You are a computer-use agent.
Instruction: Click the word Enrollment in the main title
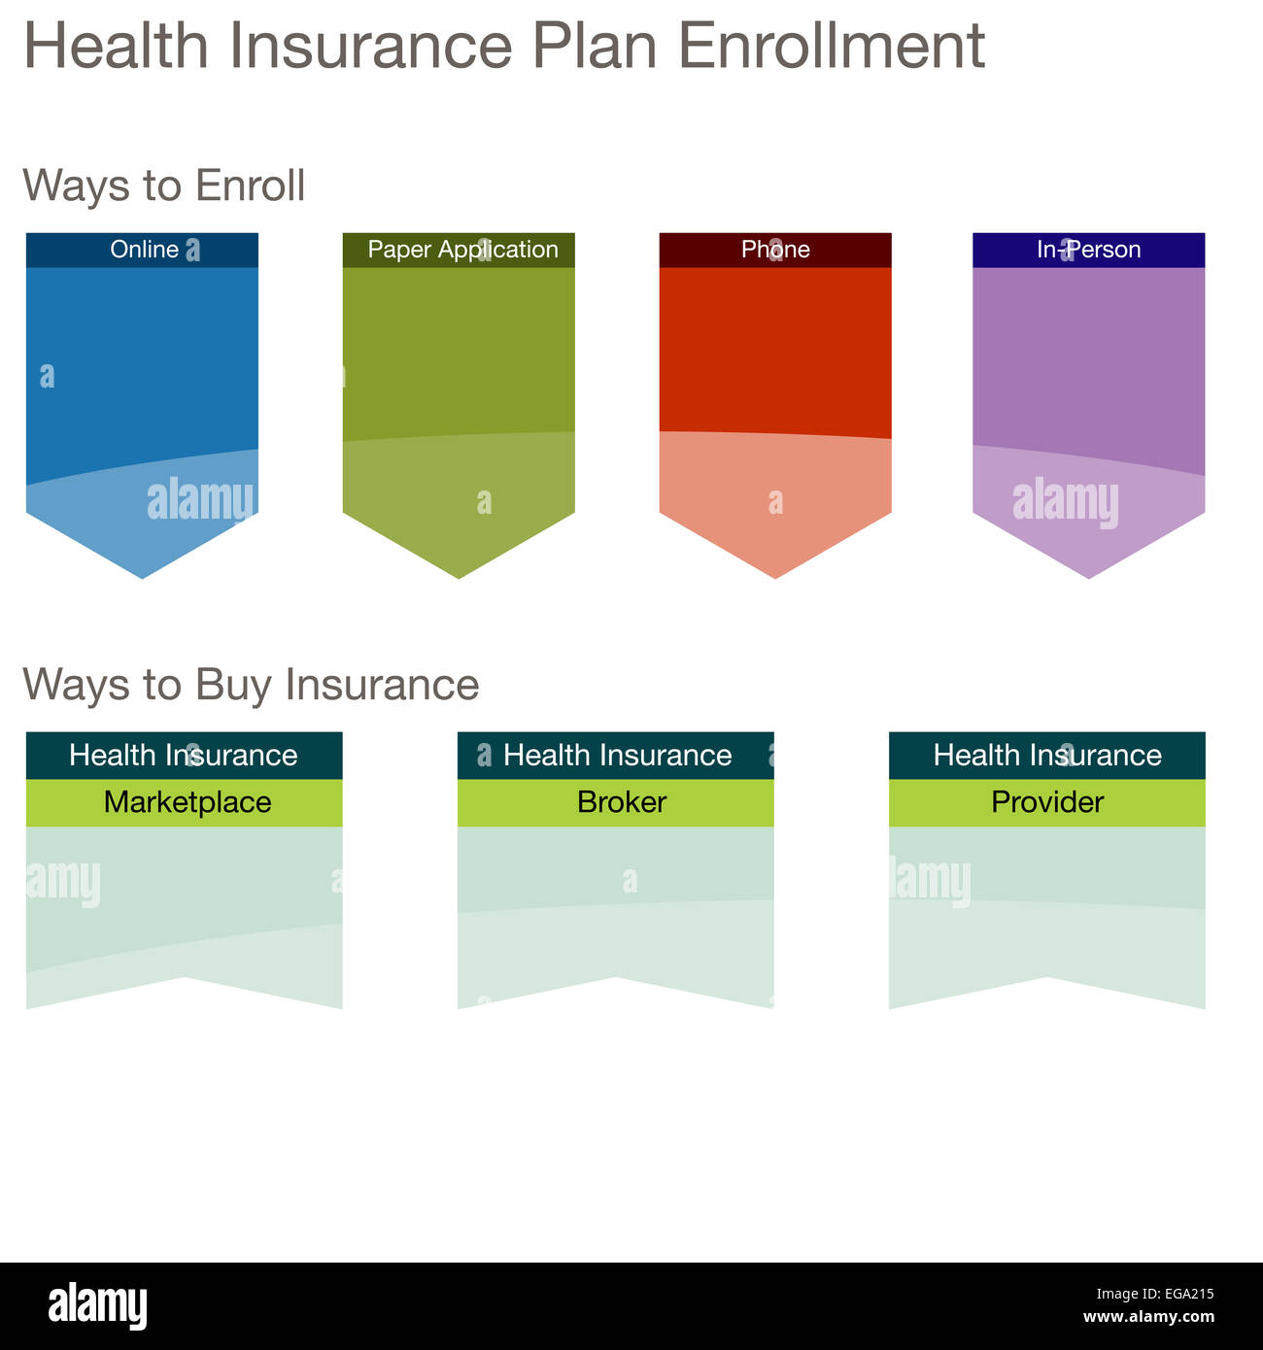831,46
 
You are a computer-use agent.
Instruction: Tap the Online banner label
144,250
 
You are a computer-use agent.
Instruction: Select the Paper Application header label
462,250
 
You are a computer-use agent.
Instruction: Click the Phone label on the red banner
775,250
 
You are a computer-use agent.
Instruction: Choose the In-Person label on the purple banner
1088,250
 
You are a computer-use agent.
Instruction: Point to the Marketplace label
187,802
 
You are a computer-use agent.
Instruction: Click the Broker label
621,802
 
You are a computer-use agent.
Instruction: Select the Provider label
1047,802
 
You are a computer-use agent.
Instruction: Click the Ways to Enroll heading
163,186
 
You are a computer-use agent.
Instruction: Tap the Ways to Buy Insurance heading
251,685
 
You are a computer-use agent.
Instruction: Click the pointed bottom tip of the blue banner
143,574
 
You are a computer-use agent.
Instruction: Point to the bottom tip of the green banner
459,574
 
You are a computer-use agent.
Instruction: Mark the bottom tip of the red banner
775,574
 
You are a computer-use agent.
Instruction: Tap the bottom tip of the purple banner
1088,574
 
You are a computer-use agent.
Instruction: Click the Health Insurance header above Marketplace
184,756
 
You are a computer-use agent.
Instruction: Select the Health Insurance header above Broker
617,756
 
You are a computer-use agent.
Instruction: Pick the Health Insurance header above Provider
1047,756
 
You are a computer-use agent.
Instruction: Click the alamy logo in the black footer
97,1305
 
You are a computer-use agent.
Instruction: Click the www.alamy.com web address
1148,1318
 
